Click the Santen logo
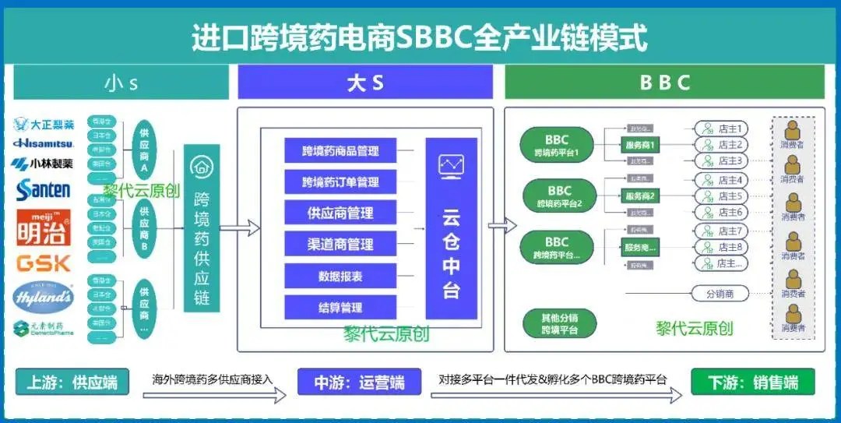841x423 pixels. tap(44, 189)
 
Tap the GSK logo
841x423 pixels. tap(44, 263)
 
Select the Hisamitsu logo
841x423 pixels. tap(44, 143)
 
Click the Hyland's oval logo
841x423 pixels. tap(44, 298)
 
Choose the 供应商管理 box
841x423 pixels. tap(340, 213)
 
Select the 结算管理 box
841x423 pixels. tap(340, 308)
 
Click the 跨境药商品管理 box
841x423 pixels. tap(340, 150)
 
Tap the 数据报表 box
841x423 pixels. tap(340, 276)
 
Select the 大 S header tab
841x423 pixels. tap(365, 82)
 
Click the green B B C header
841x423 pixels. tap(664, 82)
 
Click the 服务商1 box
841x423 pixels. tap(640, 145)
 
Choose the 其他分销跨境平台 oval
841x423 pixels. tap(558, 323)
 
